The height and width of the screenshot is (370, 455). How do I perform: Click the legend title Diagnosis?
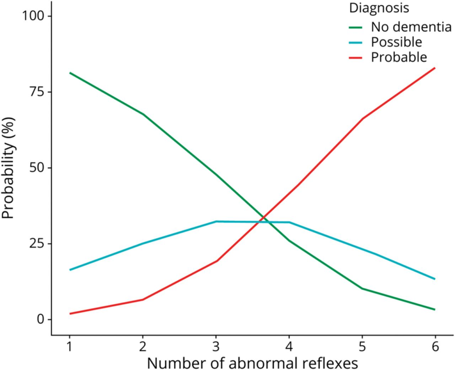(x=379, y=8)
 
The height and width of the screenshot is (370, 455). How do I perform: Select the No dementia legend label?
(x=408, y=27)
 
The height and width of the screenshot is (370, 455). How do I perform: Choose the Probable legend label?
(x=399, y=57)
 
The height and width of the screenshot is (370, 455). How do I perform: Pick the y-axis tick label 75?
(x=37, y=92)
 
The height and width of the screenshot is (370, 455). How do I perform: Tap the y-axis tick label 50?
(x=37, y=168)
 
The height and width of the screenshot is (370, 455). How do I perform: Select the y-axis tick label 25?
(x=37, y=244)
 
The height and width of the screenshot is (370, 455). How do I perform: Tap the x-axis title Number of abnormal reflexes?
(x=252, y=362)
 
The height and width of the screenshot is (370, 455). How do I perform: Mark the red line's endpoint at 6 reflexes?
(x=435, y=68)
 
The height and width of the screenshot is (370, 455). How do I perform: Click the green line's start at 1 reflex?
(x=70, y=73)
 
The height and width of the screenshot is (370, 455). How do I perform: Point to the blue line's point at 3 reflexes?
(x=216, y=221)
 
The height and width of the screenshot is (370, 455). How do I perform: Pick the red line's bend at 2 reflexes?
(x=143, y=300)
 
